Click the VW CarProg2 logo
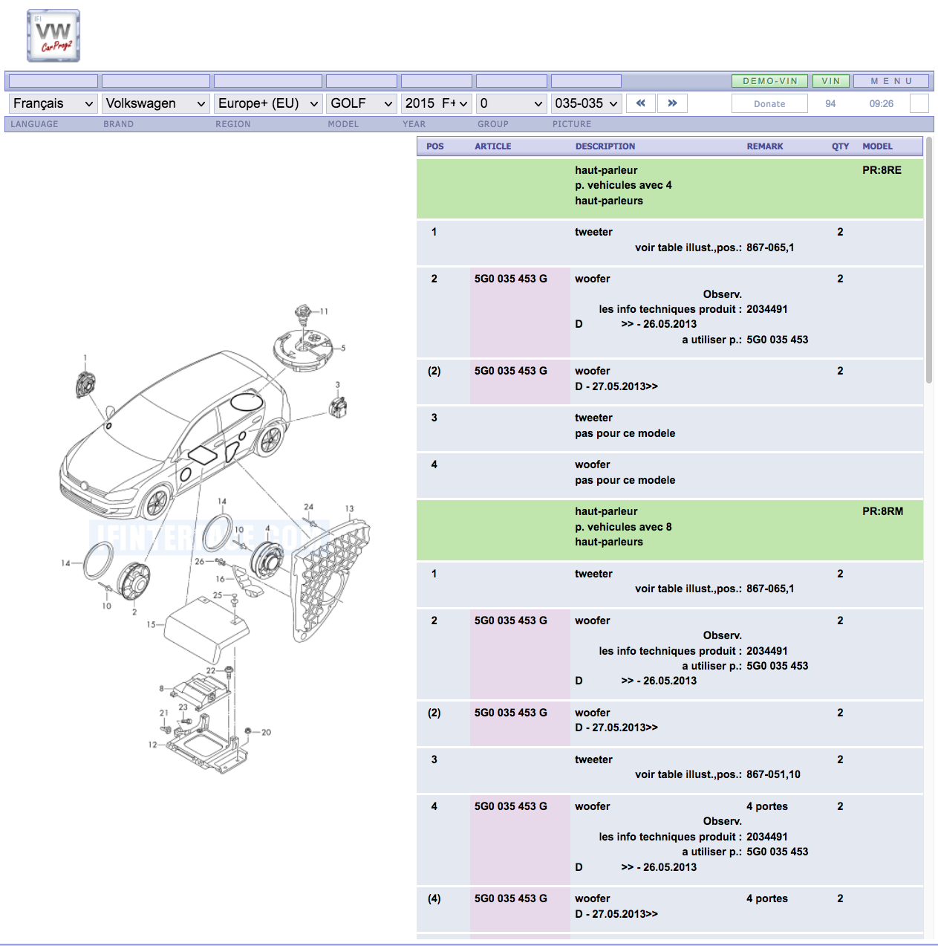click(53, 36)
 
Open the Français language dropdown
click(53, 103)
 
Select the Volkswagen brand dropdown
click(155, 103)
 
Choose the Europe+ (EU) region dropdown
click(267, 103)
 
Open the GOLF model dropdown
click(361, 103)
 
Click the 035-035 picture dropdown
click(586, 103)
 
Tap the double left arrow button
click(640, 103)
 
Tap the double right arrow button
click(672, 103)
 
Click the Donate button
click(769, 104)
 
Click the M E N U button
click(891, 81)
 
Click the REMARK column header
click(765, 146)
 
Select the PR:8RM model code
click(882, 511)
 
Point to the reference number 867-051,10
click(773, 774)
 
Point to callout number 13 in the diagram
click(349, 509)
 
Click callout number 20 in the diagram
click(266, 733)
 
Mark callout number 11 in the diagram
click(324, 311)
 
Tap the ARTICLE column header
click(492, 146)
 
